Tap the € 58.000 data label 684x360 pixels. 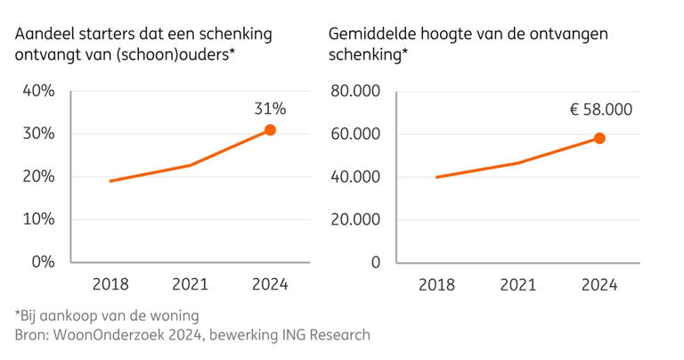[601, 110]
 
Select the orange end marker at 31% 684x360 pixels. [270, 130]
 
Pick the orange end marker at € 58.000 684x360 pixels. [600, 138]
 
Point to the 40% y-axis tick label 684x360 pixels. [38, 91]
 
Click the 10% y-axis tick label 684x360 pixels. [38, 219]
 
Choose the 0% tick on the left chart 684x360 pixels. [43, 262]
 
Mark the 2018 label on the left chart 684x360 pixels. [110, 285]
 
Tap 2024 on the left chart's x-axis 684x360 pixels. [269, 285]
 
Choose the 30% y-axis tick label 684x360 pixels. [38, 134]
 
